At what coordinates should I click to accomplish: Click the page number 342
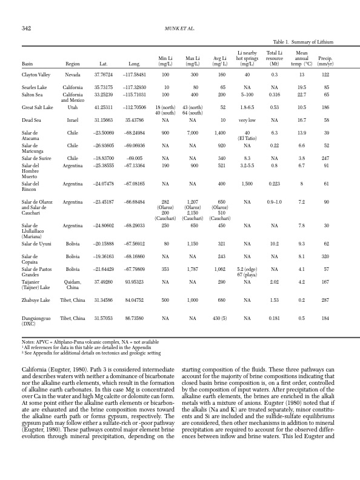pyautogui.click(x=27, y=28)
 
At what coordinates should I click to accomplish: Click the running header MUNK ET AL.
pyautogui.click(x=180, y=28)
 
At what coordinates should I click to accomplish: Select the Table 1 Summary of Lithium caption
pyautogui.click(x=304, y=42)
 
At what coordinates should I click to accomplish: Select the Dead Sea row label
pyautogui.click(x=32, y=121)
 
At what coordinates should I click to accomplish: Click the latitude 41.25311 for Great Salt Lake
pyautogui.click(x=104, y=107)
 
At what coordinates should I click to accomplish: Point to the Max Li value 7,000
pyautogui.click(x=193, y=132)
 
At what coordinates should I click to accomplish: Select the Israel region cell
pyautogui.click(x=73, y=121)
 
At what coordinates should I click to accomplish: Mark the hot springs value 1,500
pyautogui.click(x=247, y=183)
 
